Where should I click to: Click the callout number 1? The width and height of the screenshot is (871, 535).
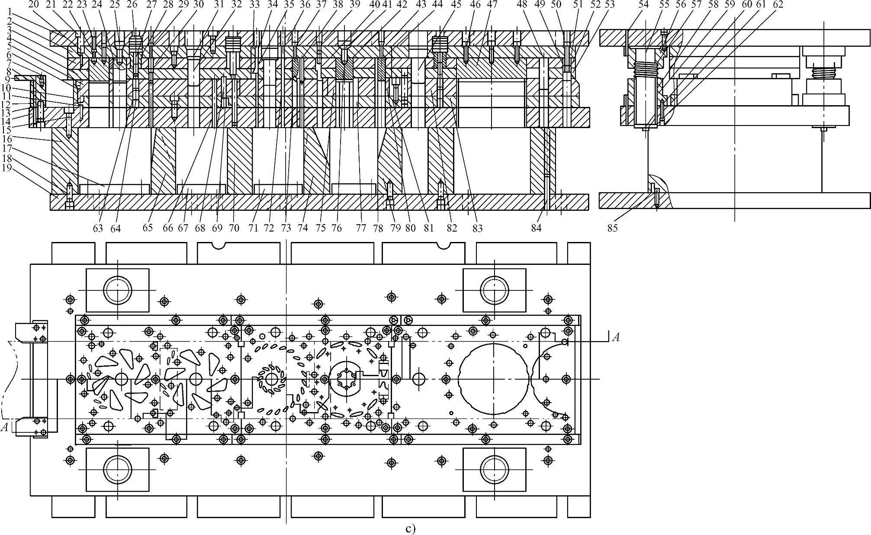click(x=8, y=12)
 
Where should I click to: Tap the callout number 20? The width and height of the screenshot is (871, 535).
click(x=33, y=5)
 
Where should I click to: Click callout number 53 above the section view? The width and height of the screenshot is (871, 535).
click(x=598, y=5)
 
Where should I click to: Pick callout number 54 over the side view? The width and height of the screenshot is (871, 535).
click(x=644, y=5)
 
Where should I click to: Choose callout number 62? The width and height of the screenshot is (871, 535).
click(x=778, y=5)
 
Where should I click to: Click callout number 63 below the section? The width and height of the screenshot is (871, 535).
click(x=98, y=228)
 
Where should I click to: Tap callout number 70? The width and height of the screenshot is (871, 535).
click(x=234, y=228)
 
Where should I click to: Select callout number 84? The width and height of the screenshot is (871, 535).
click(x=537, y=228)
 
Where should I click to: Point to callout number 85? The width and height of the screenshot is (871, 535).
click(x=612, y=228)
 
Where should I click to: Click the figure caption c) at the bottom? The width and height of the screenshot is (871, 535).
click(x=411, y=529)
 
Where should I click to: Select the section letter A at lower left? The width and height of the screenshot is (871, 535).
click(x=5, y=428)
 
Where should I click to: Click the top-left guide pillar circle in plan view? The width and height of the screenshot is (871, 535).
click(x=118, y=290)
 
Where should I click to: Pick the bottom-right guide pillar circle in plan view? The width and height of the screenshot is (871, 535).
click(x=495, y=469)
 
